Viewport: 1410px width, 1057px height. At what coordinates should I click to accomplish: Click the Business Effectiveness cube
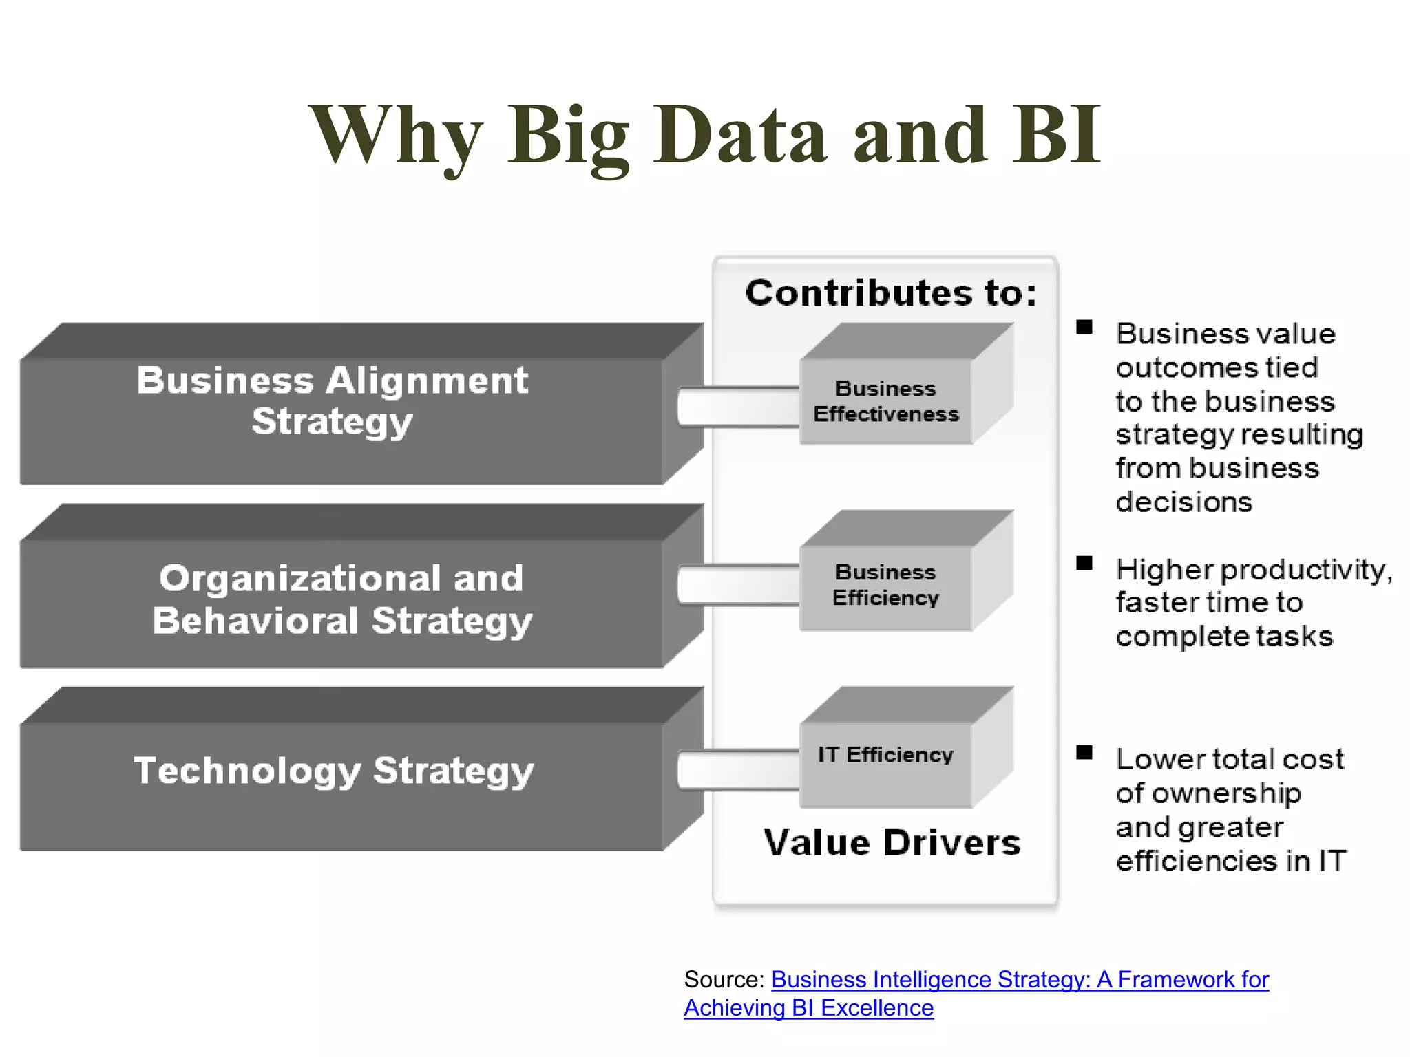(x=885, y=401)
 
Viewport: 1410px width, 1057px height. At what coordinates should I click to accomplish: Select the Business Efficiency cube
(x=885, y=586)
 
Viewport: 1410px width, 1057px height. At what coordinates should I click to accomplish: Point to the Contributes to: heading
(x=891, y=293)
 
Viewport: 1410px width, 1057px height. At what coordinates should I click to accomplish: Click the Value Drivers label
(x=892, y=843)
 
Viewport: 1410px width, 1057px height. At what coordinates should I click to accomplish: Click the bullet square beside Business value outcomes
(x=1084, y=328)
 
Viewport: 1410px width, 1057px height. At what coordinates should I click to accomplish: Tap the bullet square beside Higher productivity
(x=1084, y=564)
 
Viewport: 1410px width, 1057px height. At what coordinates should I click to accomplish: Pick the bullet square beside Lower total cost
(x=1084, y=753)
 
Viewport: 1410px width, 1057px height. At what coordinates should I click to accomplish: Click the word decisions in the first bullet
(x=1183, y=502)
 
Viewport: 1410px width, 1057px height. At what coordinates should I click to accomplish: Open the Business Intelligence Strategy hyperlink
(x=1019, y=980)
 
